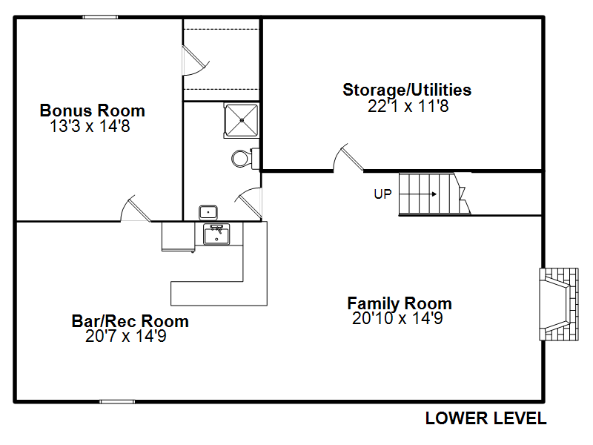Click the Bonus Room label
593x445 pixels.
point(92,111)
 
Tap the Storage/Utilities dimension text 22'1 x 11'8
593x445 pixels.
point(408,106)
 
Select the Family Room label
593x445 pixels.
point(400,303)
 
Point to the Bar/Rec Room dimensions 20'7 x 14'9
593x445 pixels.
point(125,336)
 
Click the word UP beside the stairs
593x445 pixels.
point(382,194)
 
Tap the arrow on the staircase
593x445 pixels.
point(418,194)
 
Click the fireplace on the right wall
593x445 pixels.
point(559,304)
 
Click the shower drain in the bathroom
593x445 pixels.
point(242,120)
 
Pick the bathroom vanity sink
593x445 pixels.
point(208,212)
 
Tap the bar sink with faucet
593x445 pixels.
point(216,234)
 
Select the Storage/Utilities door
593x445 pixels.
point(348,158)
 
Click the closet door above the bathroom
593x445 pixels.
point(196,61)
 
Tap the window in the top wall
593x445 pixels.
point(100,17)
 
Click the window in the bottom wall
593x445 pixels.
point(117,401)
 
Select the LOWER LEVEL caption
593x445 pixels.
point(486,418)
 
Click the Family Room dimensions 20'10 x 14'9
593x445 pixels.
point(397,318)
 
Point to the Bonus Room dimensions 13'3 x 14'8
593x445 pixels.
point(90,126)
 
